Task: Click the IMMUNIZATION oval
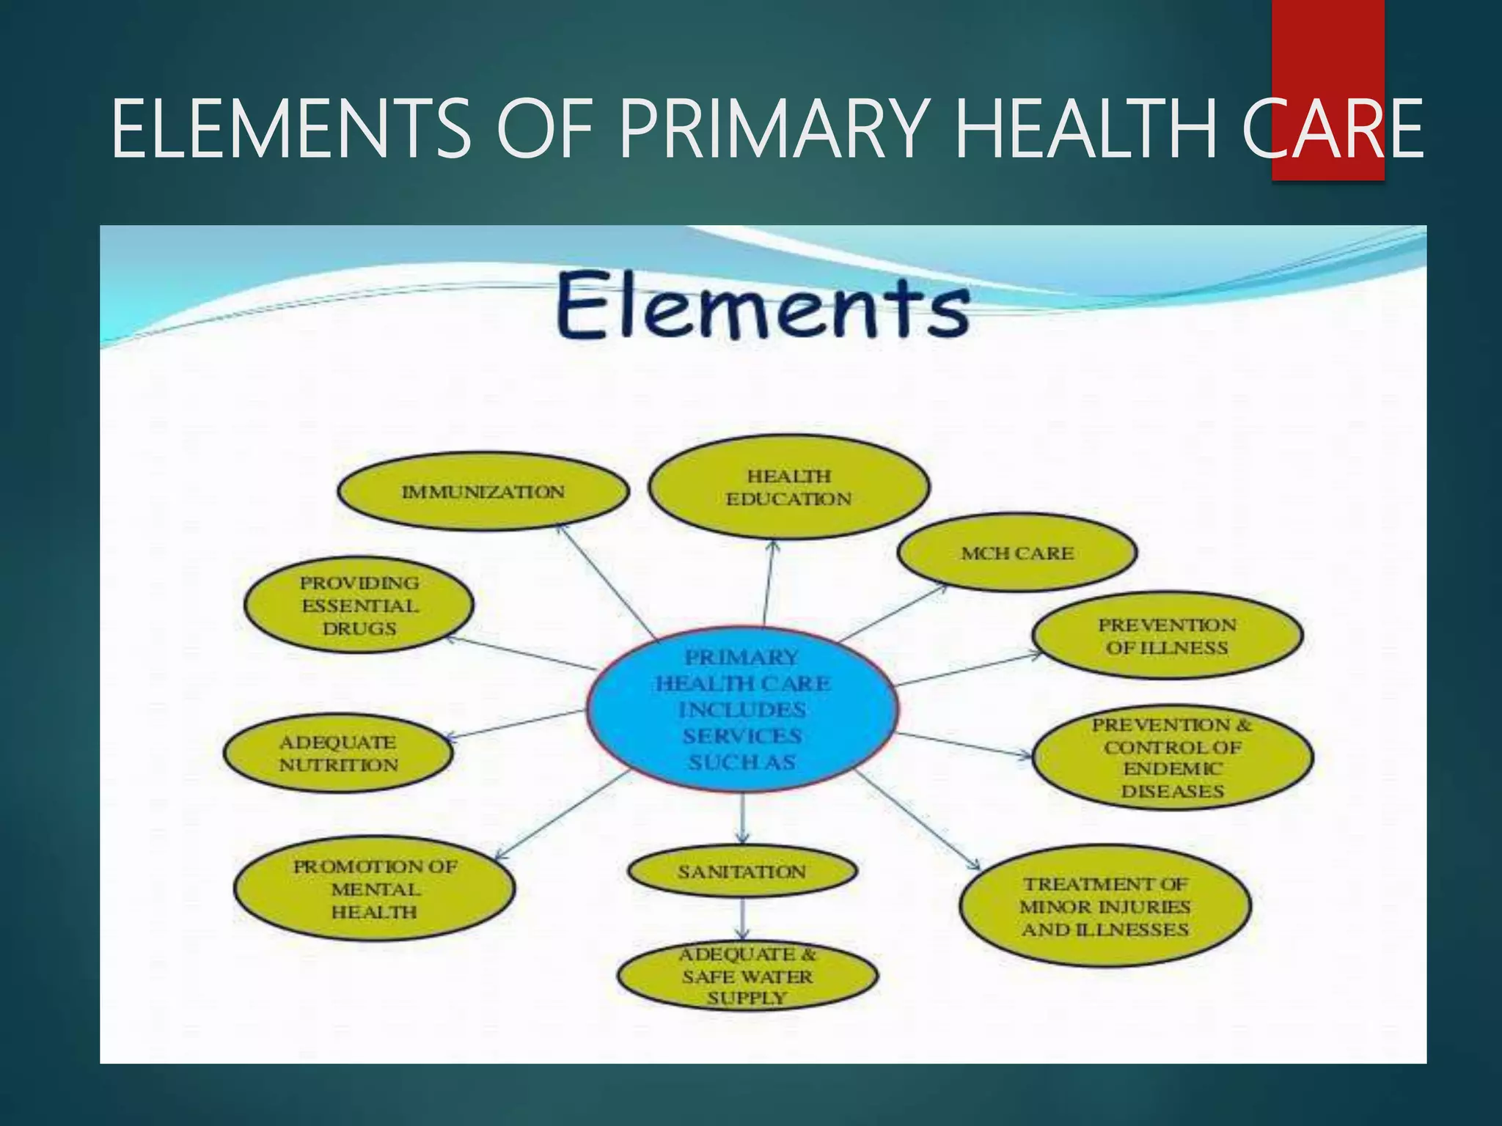click(483, 491)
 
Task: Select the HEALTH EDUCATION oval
click(789, 487)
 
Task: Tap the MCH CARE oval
click(1017, 553)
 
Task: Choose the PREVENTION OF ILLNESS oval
click(1167, 636)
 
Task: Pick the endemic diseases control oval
click(1172, 757)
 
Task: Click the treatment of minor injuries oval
click(1105, 906)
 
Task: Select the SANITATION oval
click(742, 872)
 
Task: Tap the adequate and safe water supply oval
click(747, 976)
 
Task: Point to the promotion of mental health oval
click(375, 888)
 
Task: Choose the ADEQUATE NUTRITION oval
click(338, 754)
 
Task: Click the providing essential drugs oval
click(359, 606)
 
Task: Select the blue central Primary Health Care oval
click(742, 709)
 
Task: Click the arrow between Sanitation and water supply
click(743, 918)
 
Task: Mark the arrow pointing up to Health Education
click(769, 583)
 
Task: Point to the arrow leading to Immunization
click(605, 579)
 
